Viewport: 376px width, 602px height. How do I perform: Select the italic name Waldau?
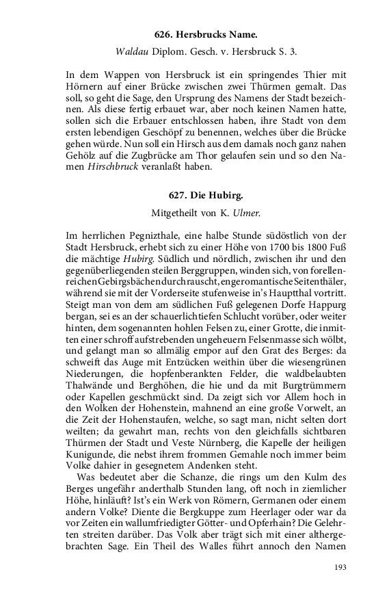131,51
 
